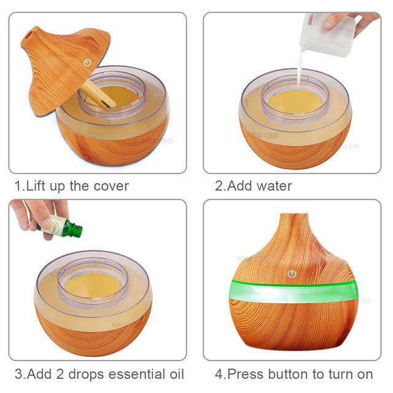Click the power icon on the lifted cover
[87, 63]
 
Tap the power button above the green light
[292, 274]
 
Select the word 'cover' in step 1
[111, 186]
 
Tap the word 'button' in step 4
[288, 374]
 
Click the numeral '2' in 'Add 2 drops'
[60, 374]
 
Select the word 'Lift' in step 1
[36, 186]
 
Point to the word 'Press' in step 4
[246, 374]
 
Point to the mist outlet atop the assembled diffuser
[294, 215]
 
